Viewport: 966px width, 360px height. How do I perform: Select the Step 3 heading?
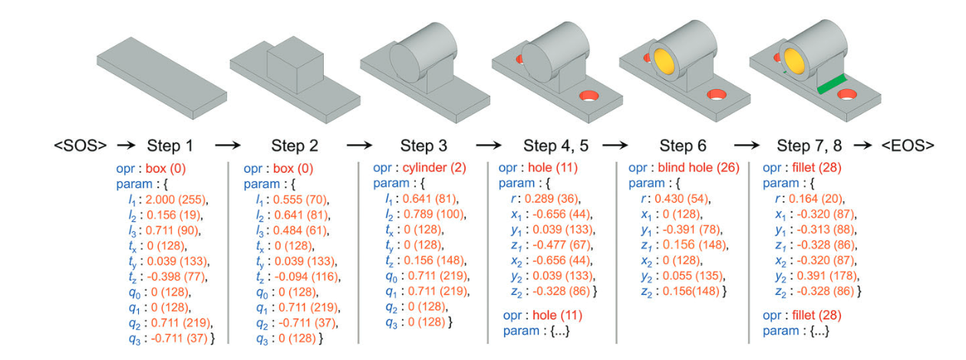427,144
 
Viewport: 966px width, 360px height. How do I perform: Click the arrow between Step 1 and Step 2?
228,144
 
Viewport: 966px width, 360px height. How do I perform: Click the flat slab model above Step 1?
162,78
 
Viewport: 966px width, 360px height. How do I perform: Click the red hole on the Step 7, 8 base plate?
847,94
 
